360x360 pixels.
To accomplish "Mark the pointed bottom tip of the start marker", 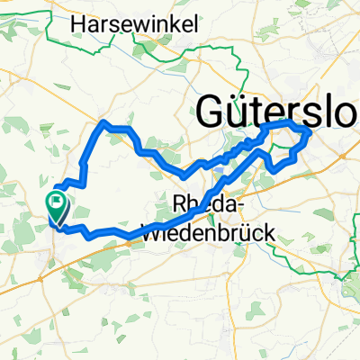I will pos(56,222).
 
